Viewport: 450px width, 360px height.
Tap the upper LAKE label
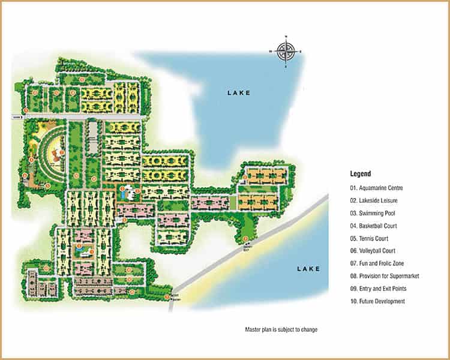coord(238,93)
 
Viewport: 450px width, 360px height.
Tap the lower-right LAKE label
coord(308,269)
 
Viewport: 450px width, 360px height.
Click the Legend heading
coord(361,173)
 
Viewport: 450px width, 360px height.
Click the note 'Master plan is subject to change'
coord(281,330)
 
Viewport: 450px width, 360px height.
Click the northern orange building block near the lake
coord(267,176)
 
